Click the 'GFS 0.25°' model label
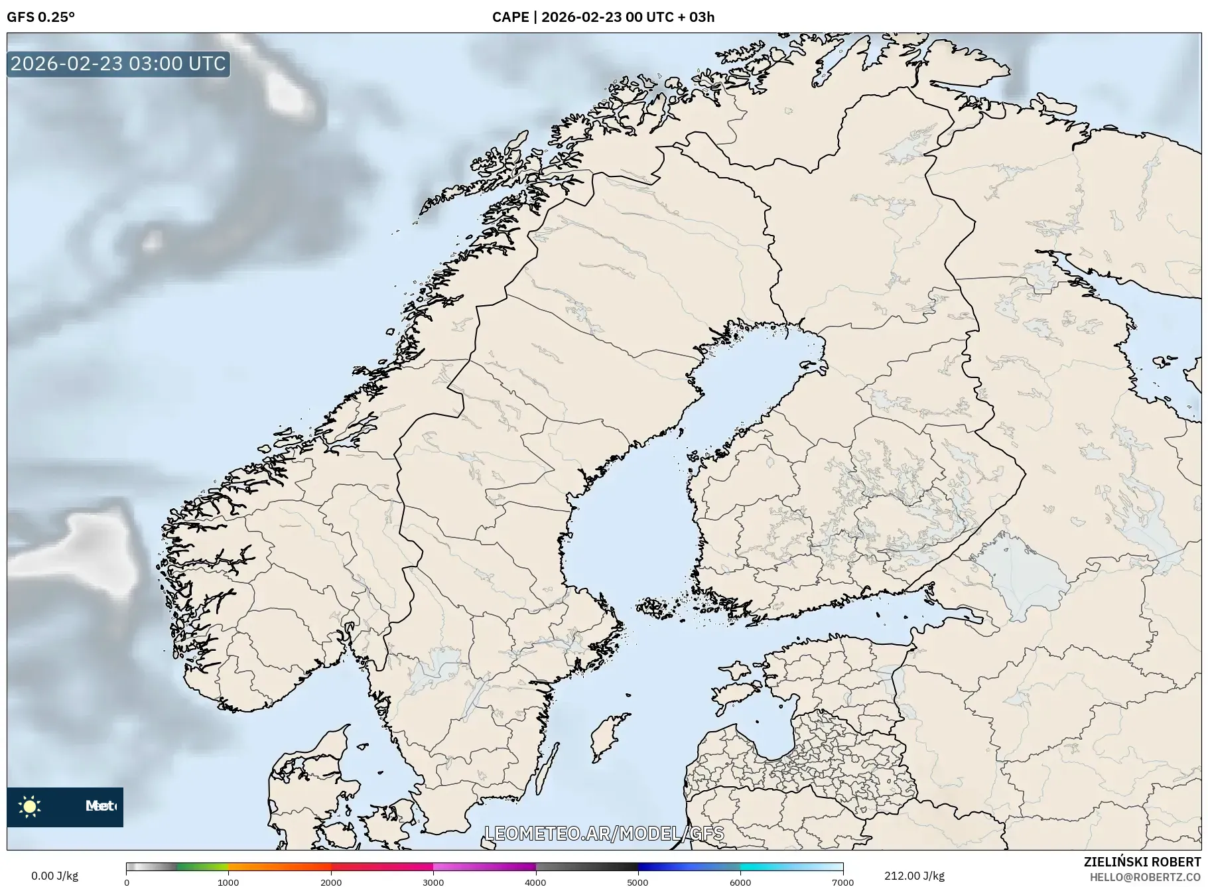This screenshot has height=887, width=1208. (x=40, y=17)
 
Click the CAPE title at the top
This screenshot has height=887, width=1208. (x=603, y=17)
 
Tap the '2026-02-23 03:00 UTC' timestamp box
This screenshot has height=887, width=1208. (x=118, y=64)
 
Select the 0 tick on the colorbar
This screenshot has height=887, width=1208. (x=127, y=882)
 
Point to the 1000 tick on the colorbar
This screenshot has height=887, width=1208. (x=228, y=882)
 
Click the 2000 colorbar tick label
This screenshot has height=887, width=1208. (x=331, y=882)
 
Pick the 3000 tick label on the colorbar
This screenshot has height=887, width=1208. (x=433, y=882)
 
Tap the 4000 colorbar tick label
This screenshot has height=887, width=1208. (x=535, y=882)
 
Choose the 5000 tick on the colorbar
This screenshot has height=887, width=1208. (x=638, y=882)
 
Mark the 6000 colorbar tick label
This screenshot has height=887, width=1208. (x=740, y=882)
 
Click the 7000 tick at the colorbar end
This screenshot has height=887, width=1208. (x=842, y=882)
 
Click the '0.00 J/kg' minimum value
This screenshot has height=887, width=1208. (x=54, y=876)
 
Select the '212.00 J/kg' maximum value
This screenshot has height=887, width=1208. (x=914, y=876)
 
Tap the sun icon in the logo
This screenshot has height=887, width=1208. (x=30, y=807)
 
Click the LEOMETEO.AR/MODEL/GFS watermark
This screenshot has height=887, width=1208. (x=604, y=834)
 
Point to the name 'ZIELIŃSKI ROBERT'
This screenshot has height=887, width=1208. (x=1142, y=862)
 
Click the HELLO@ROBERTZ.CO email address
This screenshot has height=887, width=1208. (x=1145, y=877)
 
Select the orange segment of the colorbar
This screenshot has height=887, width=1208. (x=279, y=867)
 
